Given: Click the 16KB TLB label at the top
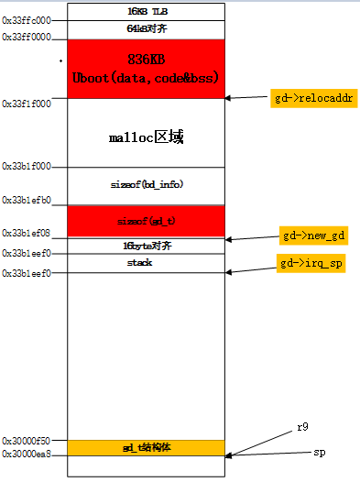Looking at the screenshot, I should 147,11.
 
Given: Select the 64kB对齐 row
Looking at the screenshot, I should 147,29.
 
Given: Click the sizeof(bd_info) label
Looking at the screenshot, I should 147,184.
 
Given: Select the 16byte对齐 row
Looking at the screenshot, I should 147,246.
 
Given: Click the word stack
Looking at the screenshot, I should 139,263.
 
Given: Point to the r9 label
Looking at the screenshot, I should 303,428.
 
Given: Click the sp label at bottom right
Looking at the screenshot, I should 320,453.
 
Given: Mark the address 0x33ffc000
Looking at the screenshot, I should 27,20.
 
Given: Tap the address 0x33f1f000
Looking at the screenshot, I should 27,104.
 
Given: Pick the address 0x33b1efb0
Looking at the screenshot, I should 27,200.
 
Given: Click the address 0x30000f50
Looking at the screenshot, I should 27,440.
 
